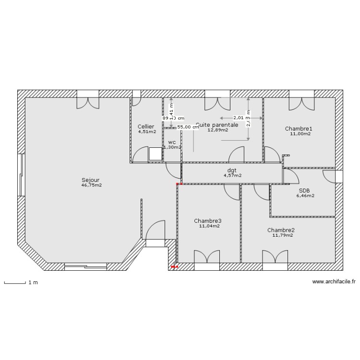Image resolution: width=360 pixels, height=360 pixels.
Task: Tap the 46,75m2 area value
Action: (x=91, y=185)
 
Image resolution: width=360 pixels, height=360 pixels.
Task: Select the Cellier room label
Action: (x=146, y=126)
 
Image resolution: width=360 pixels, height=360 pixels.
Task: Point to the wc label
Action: (x=172, y=143)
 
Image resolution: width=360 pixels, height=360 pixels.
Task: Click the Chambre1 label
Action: (x=299, y=129)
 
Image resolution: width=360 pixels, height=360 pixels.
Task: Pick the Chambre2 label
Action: (x=281, y=230)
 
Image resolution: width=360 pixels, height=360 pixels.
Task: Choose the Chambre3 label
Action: (x=208, y=221)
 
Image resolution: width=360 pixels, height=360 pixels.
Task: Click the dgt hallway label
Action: (x=232, y=170)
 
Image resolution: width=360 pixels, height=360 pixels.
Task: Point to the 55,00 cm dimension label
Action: (x=188, y=127)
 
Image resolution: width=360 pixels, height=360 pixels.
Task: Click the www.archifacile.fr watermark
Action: (x=334, y=282)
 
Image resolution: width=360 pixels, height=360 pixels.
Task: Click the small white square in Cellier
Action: (x=156, y=154)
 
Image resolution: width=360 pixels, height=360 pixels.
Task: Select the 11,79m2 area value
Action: (x=282, y=236)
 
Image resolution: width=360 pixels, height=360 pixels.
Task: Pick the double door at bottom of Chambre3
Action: (x=207, y=257)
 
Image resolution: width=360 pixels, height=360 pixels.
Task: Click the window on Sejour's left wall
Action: (x=21, y=176)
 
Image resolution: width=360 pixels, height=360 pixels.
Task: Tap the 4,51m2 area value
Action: (x=147, y=132)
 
